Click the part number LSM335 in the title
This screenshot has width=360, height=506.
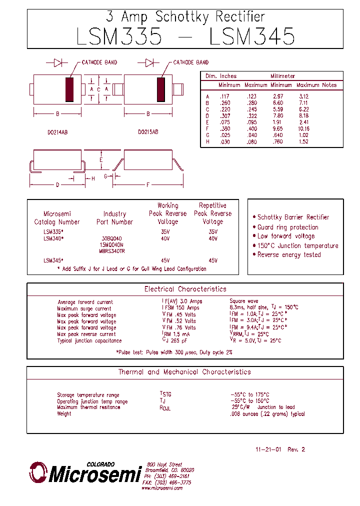click(119, 36)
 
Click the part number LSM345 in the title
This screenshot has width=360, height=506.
click(252, 36)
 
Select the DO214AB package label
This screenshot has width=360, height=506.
click(57, 132)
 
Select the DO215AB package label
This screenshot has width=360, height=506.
click(148, 132)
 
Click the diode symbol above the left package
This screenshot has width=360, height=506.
click(57, 62)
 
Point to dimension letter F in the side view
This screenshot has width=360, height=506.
click(148, 185)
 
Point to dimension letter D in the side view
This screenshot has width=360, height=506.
click(57, 185)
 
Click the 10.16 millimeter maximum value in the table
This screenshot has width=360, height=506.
click(303, 128)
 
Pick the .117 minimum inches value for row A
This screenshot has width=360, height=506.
click(224, 96)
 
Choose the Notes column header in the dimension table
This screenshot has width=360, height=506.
click(329, 85)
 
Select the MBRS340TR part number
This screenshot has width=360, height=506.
click(112, 251)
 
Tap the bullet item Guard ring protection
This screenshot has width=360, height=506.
click(287, 227)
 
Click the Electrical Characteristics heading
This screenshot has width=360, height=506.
click(185, 289)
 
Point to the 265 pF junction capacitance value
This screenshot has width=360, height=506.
click(177, 340)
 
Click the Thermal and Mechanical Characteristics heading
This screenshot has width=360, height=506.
click(184, 372)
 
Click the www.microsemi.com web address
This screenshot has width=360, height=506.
click(162, 488)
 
